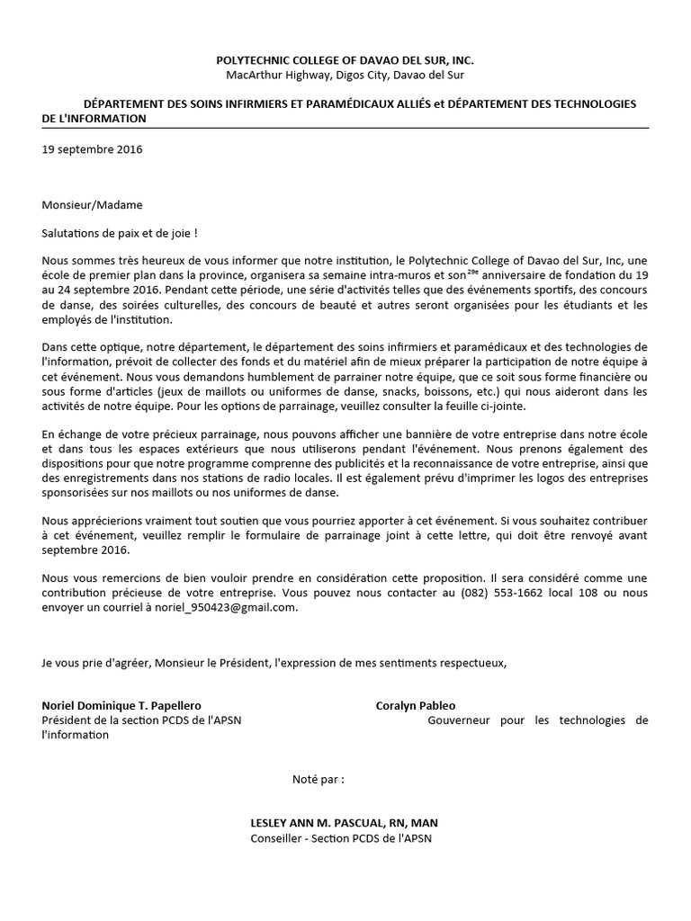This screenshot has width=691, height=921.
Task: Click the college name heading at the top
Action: [x=345, y=59]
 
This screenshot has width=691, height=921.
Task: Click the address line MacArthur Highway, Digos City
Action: [x=345, y=75]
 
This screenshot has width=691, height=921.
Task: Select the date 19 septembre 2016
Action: [x=92, y=150]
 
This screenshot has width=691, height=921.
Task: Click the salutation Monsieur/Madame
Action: [x=92, y=205]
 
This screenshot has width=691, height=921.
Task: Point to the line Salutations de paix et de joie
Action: [x=120, y=232]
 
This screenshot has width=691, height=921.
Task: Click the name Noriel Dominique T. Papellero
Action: [x=121, y=706]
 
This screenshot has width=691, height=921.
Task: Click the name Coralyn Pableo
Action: [x=416, y=706]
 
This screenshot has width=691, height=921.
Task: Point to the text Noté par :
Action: [x=318, y=779]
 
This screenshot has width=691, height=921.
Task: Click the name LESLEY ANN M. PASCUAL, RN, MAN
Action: [x=345, y=824]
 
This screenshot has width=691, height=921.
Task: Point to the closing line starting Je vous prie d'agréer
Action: [x=274, y=663]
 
